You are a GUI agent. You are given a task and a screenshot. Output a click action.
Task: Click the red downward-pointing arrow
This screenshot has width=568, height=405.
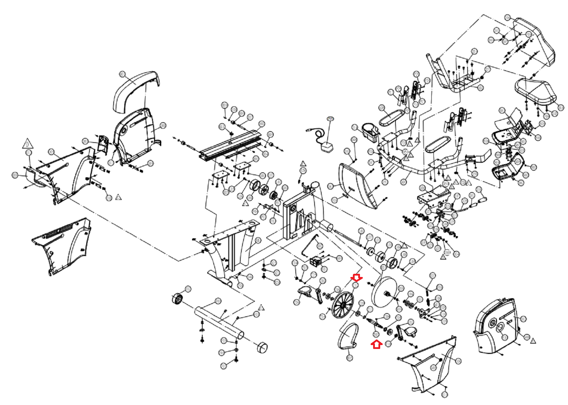coord(356,277)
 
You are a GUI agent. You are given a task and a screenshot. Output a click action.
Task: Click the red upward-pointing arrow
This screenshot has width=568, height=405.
coord(376,344)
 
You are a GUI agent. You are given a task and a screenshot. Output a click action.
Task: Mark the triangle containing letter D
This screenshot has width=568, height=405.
coord(27,144)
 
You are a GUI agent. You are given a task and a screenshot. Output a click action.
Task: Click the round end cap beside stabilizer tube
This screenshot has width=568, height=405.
coord(262,348)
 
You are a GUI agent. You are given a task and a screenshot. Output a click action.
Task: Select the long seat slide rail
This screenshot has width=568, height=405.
coord(231,145)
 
